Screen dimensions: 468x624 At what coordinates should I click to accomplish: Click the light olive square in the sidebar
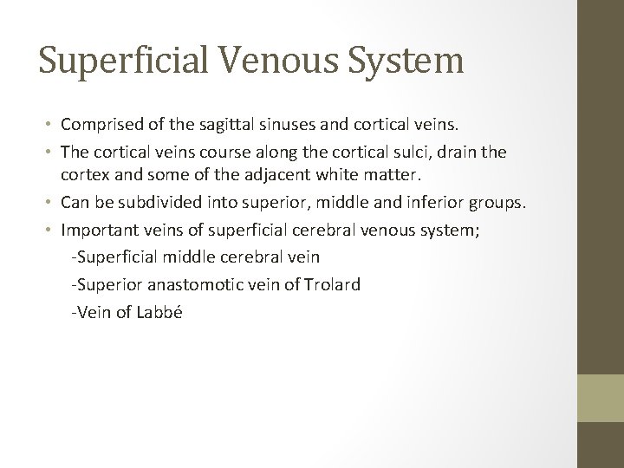coord(601,397)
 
